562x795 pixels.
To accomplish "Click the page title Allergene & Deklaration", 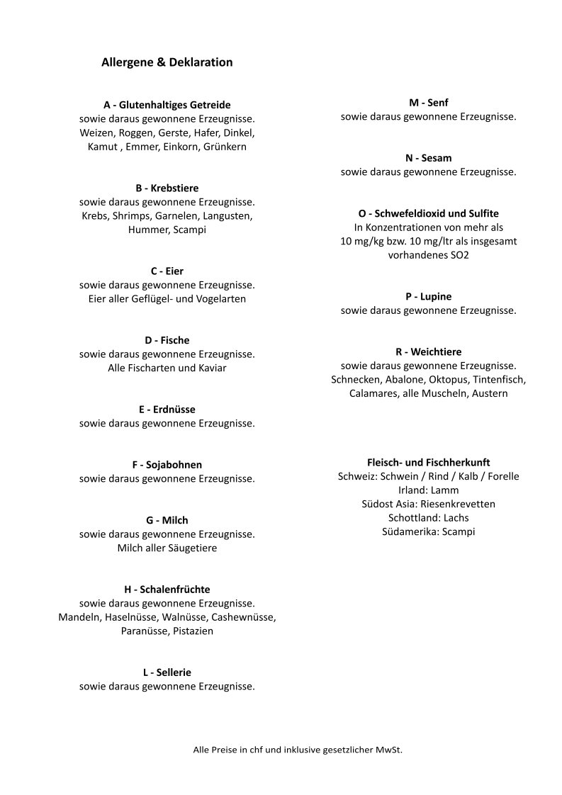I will tap(167, 62).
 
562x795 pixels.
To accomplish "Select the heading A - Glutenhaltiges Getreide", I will tap(167, 105).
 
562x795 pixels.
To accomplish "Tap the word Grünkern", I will tap(225, 147).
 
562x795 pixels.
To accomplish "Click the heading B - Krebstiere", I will tap(167, 188).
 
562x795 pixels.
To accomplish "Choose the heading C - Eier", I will tap(167, 271).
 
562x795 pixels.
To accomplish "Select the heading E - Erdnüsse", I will tap(167, 410).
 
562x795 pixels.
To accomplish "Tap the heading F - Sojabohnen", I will tap(167, 465).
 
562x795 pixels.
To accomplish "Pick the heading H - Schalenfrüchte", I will tap(167, 590).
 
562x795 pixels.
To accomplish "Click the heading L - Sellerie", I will tap(167, 672).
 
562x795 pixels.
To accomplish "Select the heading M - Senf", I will tap(428, 103).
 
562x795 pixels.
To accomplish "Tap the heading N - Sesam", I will tap(428, 158).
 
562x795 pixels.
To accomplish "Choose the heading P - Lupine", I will tap(428, 296).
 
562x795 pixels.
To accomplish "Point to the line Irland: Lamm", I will tap(428, 490).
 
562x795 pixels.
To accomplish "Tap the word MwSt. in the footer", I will tap(388, 749).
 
